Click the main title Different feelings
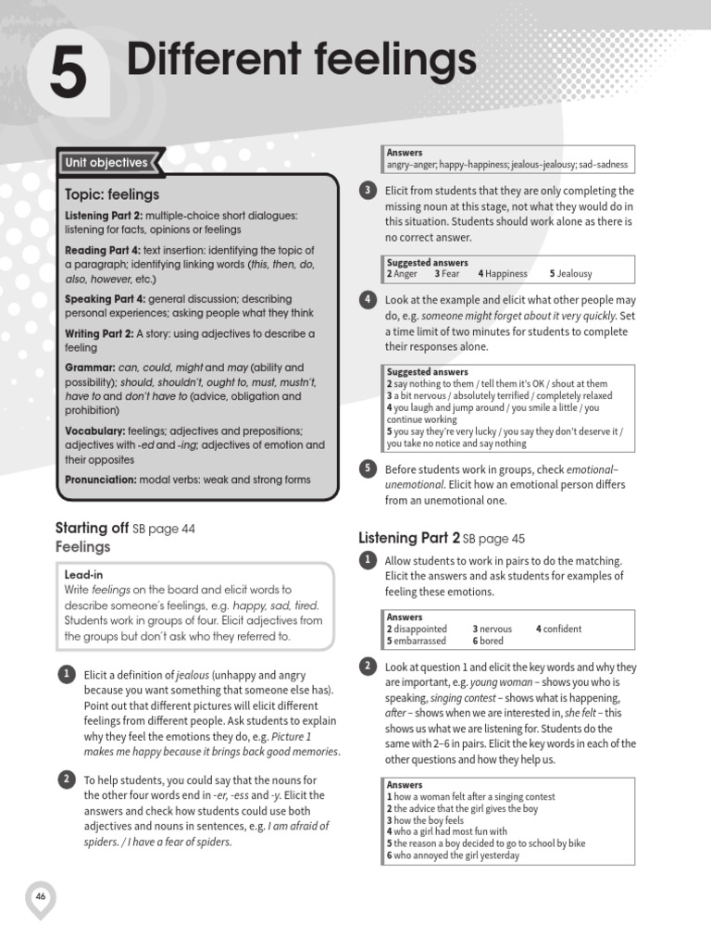pos(301,61)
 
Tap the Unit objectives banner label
pos(106,163)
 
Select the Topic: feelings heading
pos(112,194)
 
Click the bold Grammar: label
pos(90,368)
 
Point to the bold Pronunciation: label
pos(101,480)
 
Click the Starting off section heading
pos(92,529)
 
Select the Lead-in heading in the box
pos(84,574)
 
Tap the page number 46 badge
pos(41,896)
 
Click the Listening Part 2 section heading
pos(408,538)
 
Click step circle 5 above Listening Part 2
pos(367,468)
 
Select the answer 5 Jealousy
pos(570,274)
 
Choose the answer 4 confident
pos(559,629)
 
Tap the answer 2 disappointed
pos(417,629)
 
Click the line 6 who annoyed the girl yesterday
pos(453,855)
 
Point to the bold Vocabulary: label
pos(95,430)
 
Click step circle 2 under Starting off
pos(67,780)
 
